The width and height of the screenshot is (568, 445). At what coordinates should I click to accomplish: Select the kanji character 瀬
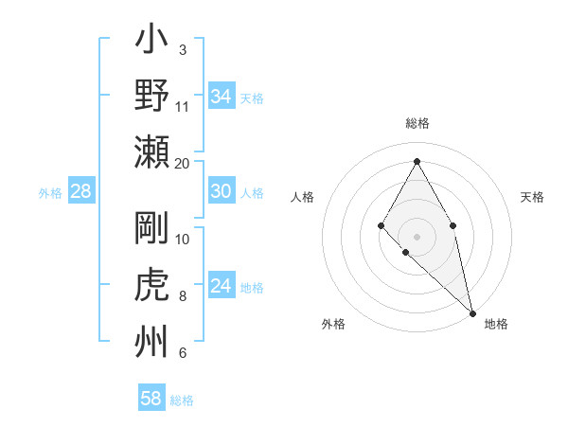152,151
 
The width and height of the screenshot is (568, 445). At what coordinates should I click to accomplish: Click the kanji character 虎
152,284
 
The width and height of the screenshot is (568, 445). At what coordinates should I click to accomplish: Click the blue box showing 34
222,97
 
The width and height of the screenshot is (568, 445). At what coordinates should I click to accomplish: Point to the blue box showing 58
151,399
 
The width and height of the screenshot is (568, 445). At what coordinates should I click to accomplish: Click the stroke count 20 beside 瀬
183,164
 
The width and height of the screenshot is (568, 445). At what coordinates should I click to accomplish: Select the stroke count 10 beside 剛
183,239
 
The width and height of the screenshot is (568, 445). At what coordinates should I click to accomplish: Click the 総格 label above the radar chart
417,123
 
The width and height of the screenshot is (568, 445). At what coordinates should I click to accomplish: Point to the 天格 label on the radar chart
533,197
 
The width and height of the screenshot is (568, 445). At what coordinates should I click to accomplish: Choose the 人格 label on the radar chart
302,197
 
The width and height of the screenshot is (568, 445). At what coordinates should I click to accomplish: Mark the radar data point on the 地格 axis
472,312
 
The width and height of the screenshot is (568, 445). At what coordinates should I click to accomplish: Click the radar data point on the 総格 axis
417,160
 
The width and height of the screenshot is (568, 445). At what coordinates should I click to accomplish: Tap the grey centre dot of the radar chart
417,236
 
